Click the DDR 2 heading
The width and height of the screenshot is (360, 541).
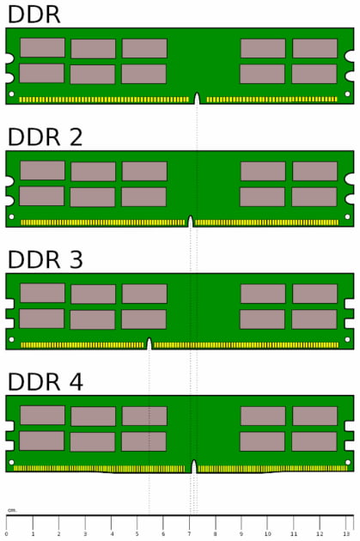[x=46, y=137]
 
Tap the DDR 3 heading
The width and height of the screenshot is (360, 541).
[x=46, y=259]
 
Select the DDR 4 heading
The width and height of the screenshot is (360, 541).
[x=46, y=382]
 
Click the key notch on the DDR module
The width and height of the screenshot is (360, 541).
[x=197, y=99]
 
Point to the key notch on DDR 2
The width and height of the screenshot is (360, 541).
[x=190, y=222]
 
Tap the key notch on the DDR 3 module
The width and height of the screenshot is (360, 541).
[x=149, y=343]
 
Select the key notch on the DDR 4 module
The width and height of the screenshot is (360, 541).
[x=194, y=466]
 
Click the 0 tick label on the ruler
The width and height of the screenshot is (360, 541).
[x=7, y=534]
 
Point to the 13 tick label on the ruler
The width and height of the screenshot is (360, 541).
[x=346, y=534]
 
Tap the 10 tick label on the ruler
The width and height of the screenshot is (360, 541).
[x=267, y=534]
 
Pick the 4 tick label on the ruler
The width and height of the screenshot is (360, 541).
[x=112, y=534]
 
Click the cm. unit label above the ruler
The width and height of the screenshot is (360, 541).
[x=12, y=510]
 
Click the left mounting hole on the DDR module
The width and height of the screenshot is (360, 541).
[x=11, y=94]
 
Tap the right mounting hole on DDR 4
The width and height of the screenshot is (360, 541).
[x=348, y=462]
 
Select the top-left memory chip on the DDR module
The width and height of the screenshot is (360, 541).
[x=42, y=47]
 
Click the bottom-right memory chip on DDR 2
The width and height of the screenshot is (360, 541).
[x=314, y=197]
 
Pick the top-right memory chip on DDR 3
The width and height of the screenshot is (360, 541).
[x=314, y=294]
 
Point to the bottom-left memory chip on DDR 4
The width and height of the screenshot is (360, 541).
[x=42, y=441]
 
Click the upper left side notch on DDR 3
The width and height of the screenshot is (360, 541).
[x=9, y=304]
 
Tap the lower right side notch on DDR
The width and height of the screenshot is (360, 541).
[x=350, y=76]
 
